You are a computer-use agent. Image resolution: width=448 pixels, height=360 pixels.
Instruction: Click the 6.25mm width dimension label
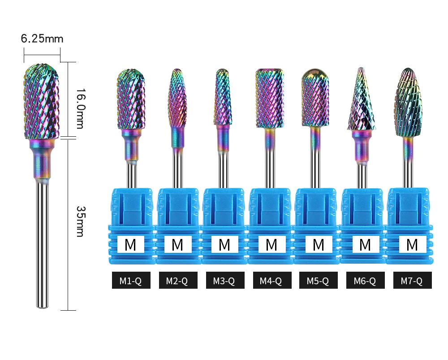click(42, 39)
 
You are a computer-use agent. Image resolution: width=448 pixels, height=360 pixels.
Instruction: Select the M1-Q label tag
click(131, 281)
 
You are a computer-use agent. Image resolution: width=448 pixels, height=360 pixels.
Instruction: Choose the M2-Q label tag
click(177, 281)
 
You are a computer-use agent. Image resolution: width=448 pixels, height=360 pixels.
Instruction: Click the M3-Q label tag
click(225, 281)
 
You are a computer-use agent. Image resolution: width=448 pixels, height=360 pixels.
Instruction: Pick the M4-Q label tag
click(271, 281)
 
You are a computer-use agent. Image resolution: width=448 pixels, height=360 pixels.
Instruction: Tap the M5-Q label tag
click(319, 281)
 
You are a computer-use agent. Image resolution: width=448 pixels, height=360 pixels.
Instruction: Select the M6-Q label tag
click(365, 281)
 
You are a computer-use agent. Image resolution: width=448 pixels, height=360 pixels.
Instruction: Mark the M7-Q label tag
click(412, 281)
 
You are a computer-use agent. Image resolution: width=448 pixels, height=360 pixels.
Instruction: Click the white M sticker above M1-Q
click(130, 245)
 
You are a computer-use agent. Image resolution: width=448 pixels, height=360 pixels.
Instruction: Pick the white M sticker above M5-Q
click(318, 245)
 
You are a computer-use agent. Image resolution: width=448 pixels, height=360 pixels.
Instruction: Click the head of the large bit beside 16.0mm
click(41, 101)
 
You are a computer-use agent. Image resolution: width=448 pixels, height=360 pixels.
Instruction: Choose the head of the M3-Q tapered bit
click(223, 96)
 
